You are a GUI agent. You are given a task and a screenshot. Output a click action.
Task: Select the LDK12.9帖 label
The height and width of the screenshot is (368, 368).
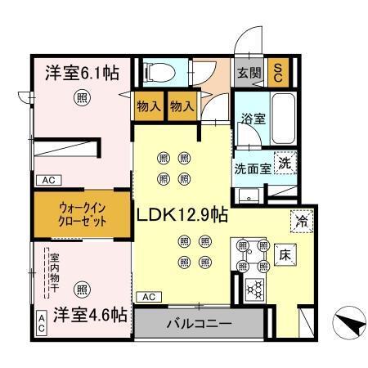click(182, 216)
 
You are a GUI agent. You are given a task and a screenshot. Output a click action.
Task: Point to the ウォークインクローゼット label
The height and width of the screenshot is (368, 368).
click(82, 215)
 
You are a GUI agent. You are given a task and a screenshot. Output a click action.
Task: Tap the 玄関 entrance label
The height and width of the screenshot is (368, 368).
click(249, 71)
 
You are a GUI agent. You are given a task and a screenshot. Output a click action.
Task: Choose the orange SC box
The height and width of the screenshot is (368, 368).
click(278, 72)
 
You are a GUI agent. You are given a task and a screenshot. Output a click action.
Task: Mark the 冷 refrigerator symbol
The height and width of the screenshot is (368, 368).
click(300, 220)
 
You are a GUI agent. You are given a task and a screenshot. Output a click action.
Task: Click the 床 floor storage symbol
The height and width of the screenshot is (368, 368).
click(285, 254)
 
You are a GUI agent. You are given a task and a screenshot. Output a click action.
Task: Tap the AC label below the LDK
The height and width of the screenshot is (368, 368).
click(148, 297)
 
